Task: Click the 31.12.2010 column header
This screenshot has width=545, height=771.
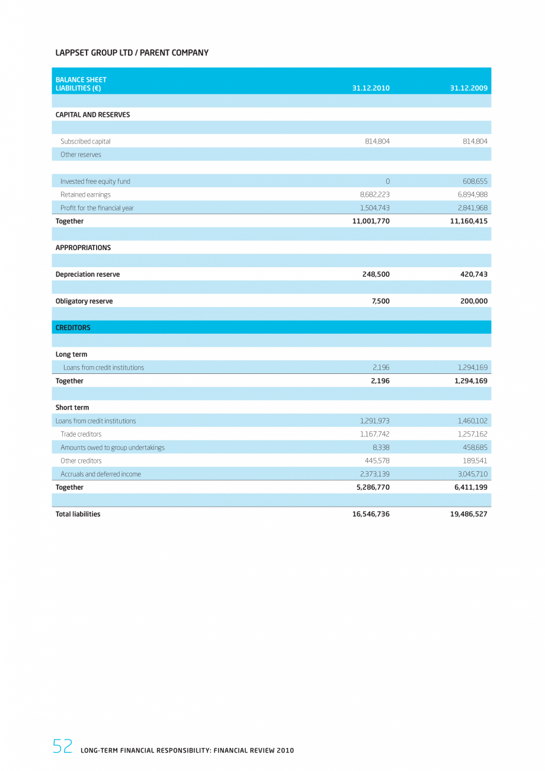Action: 370,88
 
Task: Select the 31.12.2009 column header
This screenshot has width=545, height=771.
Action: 469,88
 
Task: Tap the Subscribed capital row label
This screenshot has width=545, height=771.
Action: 85,142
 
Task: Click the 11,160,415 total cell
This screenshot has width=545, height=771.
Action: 469,221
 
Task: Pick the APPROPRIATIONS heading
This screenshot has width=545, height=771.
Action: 83,248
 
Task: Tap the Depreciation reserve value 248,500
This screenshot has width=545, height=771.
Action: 376,274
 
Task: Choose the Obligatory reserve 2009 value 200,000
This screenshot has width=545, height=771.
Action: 473,301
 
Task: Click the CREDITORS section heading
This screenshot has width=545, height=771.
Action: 73,328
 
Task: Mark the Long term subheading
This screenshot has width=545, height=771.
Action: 71,354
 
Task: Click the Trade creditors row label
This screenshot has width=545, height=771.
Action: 81,434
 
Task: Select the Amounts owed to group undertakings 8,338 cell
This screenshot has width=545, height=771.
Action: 380,447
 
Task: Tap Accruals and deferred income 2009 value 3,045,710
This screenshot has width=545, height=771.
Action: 472,474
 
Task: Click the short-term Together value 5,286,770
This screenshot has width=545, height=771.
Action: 371,487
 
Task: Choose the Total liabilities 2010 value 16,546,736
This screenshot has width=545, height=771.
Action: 371,514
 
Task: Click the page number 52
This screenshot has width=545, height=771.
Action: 62,747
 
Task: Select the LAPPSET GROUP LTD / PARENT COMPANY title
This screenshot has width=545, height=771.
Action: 132,53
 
